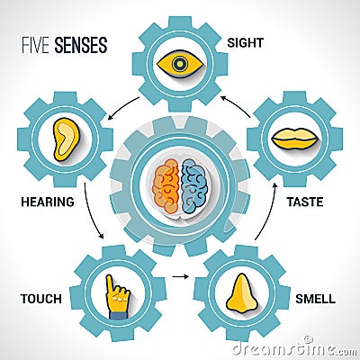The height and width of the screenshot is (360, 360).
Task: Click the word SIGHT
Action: [x=245, y=42]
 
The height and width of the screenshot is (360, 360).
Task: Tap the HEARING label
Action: [x=48, y=202]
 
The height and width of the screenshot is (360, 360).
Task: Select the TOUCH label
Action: [x=41, y=299]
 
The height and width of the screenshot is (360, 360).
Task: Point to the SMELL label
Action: [x=315, y=299]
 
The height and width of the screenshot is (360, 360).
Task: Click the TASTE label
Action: [x=305, y=202]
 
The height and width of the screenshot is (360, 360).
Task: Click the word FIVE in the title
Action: [x=35, y=45]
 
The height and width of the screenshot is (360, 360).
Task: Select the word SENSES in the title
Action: [x=81, y=45]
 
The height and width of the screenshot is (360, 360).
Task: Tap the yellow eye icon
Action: [x=179, y=64]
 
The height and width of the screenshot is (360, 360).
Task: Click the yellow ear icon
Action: [x=66, y=139]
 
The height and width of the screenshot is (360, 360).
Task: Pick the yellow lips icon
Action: [x=294, y=139]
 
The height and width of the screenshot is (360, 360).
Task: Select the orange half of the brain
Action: [x=166, y=186]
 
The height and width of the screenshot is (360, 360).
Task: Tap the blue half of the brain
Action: [x=194, y=186]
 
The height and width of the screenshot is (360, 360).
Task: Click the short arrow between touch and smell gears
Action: [x=181, y=276]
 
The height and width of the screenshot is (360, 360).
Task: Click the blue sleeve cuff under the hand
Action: [x=118, y=315]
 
